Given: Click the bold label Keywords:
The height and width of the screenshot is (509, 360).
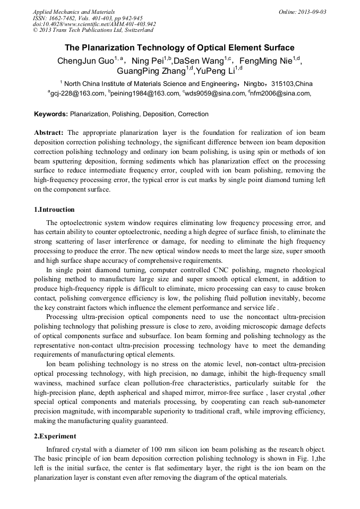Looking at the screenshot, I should click(x=51, y=114).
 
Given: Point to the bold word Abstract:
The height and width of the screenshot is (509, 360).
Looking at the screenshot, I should click(x=49, y=132).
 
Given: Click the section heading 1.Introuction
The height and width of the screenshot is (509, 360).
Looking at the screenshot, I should click(x=54, y=210).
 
